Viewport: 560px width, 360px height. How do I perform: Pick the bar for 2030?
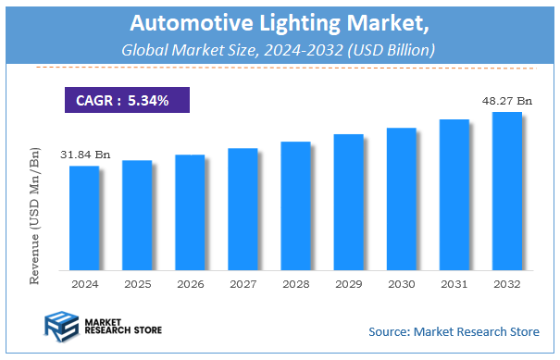click(x=401, y=199)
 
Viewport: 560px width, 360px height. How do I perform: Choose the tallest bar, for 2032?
click(x=506, y=191)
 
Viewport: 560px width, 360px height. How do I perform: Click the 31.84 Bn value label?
click(x=85, y=155)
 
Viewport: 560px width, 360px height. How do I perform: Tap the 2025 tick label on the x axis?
click(x=137, y=283)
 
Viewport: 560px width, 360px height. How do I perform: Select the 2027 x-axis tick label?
click(x=243, y=283)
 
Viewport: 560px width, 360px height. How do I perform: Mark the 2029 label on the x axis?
click(x=348, y=283)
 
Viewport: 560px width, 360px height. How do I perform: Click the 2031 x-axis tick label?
click(x=454, y=283)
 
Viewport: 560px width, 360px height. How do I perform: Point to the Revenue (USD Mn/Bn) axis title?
click(x=34, y=209)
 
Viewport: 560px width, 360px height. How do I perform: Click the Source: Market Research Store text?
click(x=454, y=330)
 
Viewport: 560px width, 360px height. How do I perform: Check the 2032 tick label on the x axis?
click(x=506, y=283)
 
